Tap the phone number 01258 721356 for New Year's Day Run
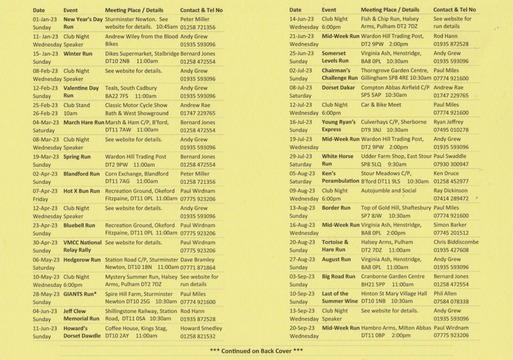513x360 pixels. coord(198,28)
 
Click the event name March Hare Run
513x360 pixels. coord(84,122)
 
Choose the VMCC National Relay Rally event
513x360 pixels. coord(83,246)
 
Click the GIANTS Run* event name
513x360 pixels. coord(80,294)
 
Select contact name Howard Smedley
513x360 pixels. coord(202,328)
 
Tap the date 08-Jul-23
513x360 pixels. coord(301,88)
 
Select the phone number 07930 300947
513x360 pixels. coord(451,164)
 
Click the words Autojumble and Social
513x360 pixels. coord(388,191)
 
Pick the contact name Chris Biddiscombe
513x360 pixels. coord(456,242)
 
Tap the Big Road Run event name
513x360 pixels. coord(339,276)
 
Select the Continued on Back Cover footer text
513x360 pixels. coord(256,351)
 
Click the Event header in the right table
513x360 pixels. coord(329,10)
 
